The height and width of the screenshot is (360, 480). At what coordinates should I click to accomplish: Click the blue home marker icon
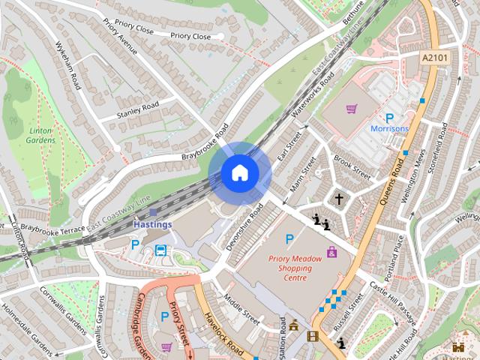click(239, 172)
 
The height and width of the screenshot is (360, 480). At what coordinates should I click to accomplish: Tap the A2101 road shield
click(433, 57)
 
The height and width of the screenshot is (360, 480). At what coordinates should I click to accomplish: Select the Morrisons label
click(389, 129)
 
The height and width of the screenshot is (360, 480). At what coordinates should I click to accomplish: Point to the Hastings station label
click(153, 224)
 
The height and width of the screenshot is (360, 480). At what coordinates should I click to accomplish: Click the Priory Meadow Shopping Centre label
click(295, 268)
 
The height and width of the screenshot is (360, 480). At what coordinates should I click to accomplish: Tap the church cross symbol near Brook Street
click(339, 199)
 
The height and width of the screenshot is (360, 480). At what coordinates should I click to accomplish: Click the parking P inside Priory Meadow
click(289, 239)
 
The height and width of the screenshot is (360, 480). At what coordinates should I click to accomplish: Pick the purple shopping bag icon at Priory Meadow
click(331, 252)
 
